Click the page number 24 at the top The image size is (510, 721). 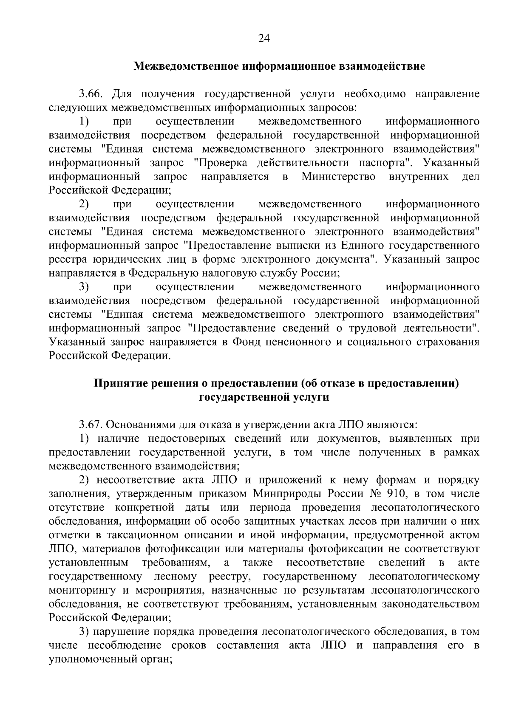coord(264,39)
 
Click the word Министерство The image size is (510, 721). coord(338,177)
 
